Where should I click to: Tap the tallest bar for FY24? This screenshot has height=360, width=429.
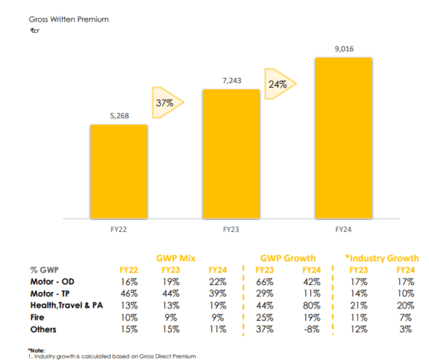click(342, 137)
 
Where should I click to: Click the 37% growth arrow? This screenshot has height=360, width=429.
click(167, 104)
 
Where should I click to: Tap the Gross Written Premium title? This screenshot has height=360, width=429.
click(69, 19)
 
